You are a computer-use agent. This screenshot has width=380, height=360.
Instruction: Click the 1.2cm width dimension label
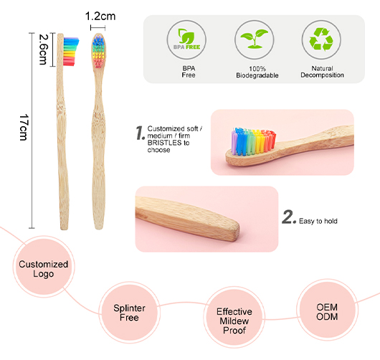pyautogui.click(x=100, y=16)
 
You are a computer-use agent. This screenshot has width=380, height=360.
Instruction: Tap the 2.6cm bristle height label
pyautogui.click(x=44, y=49)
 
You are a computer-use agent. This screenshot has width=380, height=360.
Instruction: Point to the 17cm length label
pyautogui.click(x=24, y=128)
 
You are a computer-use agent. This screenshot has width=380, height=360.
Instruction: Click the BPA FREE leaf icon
pyautogui.click(x=186, y=39)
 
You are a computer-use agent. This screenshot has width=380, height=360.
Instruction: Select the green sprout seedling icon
pyautogui.click(x=255, y=38)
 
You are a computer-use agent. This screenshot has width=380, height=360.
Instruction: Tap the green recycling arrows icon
pyautogui.click(x=321, y=39)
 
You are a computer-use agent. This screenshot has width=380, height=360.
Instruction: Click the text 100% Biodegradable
pyautogui.click(x=257, y=72)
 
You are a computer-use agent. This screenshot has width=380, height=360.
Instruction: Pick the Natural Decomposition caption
pyautogui.click(x=322, y=72)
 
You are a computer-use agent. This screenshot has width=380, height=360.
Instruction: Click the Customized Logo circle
pyautogui.click(x=44, y=267)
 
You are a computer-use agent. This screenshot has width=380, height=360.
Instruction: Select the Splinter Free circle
pyautogui.click(x=129, y=312)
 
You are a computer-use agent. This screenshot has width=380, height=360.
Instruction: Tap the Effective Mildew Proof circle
pyautogui.click(x=234, y=318)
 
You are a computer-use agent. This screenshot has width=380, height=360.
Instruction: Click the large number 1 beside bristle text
pyautogui.click(x=141, y=133)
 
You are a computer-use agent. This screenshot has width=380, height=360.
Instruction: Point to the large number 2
pyautogui.click(x=289, y=217)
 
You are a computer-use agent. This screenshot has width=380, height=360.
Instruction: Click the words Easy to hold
pyautogui.click(x=318, y=221)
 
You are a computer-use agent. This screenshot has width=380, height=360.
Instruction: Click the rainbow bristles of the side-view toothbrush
pyautogui.click(x=71, y=52)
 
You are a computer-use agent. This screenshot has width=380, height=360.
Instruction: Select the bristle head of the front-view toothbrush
pyautogui.click(x=99, y=52)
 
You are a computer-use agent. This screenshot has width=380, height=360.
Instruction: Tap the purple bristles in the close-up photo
pyautogui.click(x=234, y=142)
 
